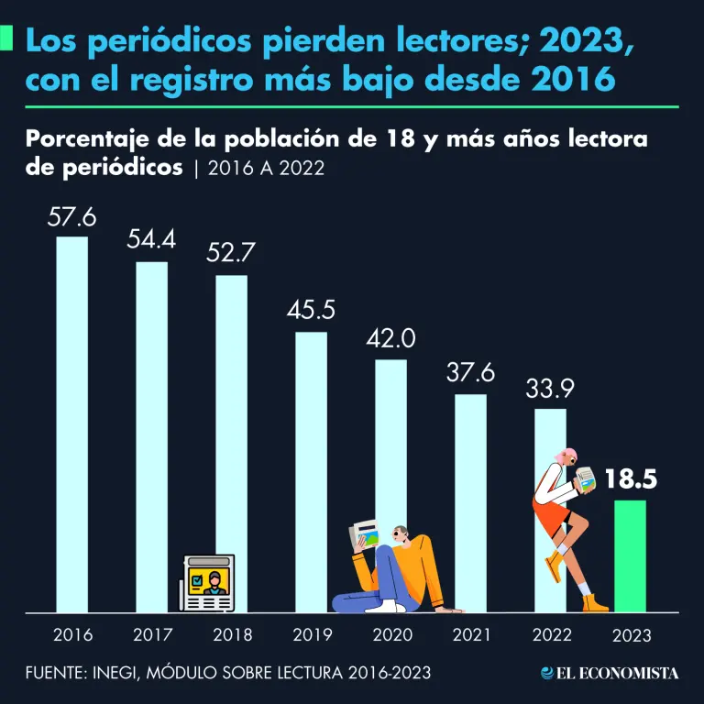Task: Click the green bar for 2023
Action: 630,555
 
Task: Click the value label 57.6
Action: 72,218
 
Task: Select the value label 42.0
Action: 390,338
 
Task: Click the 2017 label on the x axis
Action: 152,634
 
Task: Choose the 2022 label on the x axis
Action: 551,634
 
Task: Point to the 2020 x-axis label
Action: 391,634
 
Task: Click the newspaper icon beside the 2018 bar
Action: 207,581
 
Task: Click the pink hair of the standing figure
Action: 571,455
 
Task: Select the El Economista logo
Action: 610,673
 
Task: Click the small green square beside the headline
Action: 7,39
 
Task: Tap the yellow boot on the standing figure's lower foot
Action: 594,602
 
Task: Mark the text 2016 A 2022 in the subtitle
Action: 266,169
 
